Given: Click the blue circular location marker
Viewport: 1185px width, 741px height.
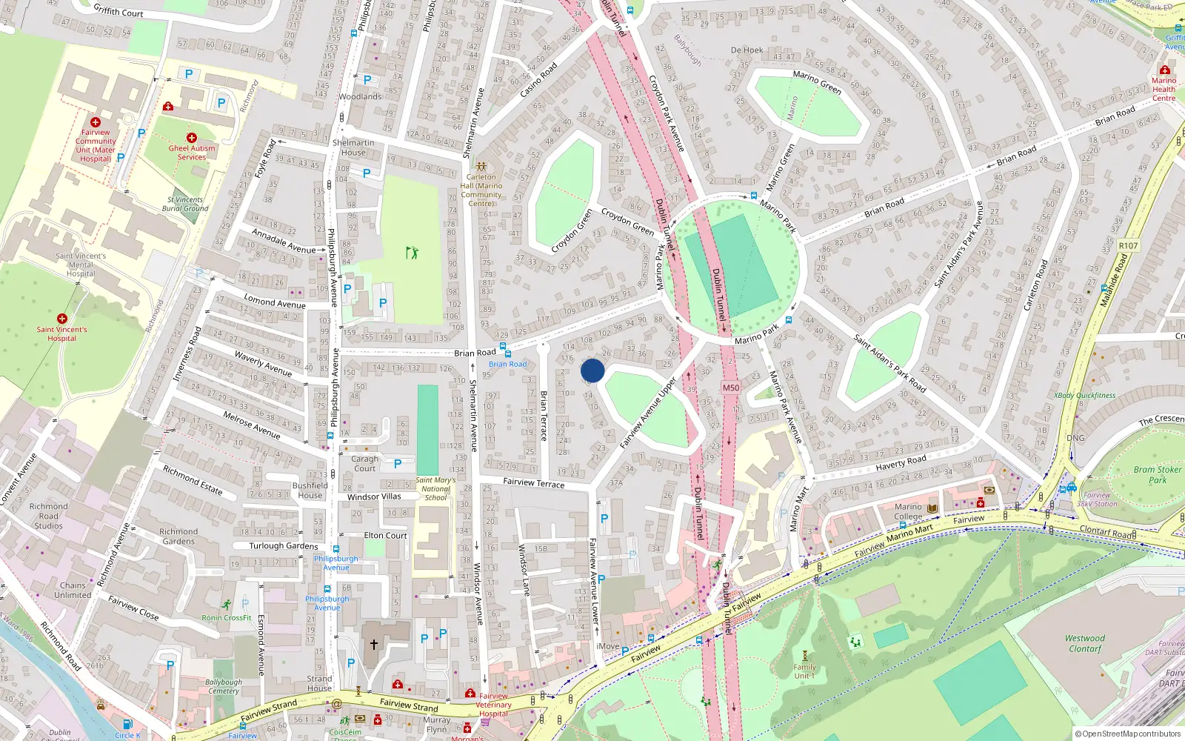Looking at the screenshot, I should tap(592, 370).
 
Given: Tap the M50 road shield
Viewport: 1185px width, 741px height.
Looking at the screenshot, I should tap(730, 388).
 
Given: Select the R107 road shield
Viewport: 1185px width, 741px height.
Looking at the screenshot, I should tap(1128, 246).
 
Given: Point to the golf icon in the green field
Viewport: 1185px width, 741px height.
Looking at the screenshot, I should tap(412, 253).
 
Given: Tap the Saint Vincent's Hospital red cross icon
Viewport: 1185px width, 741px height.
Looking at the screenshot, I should tap(62, 318).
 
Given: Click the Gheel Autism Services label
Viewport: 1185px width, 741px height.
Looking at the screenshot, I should tap(192, 152).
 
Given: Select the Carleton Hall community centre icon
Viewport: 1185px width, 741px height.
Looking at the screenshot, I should tap(481, 167).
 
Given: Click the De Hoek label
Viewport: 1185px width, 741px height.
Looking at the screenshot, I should tap(747, 50).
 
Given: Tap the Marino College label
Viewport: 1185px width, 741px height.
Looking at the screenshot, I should tap(908, 512).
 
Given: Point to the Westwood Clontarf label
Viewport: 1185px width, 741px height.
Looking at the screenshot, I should tap(1085, 643).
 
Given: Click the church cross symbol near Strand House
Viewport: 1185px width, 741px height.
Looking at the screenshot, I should tap(374, 645).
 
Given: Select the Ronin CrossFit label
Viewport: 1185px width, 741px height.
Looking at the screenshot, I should tap(227, 617).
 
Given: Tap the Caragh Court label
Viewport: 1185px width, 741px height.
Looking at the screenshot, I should tap(364, 463).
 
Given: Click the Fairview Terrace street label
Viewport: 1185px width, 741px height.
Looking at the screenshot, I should tap(533, 482).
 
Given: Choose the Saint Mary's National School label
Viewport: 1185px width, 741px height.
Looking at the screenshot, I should tap(435, 488).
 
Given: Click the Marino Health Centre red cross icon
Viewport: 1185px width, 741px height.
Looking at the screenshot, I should tap(1164, 70).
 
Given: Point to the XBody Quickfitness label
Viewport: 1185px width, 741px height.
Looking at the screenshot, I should tap(1084, 396).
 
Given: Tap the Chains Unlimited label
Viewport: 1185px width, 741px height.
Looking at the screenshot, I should tap(73, 590).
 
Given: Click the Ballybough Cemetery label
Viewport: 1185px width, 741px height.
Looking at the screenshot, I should tap(224, 686).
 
